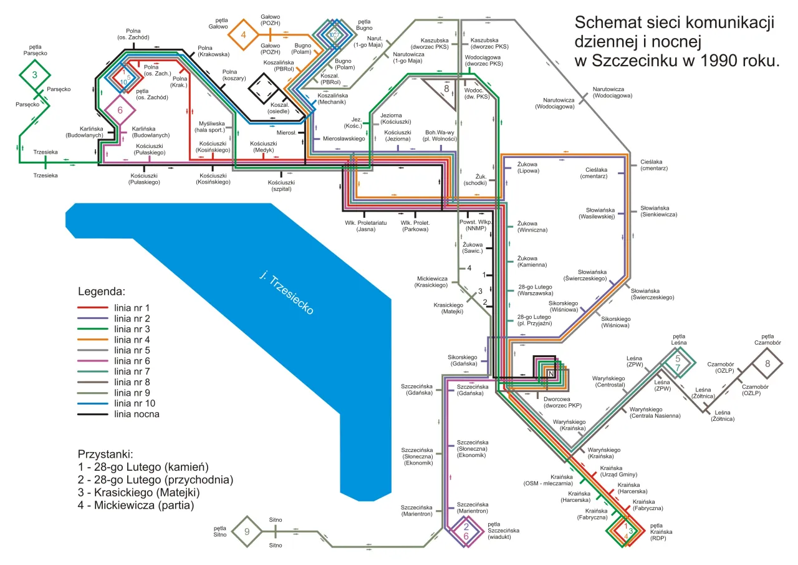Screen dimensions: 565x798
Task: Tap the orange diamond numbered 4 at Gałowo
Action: point(244,34)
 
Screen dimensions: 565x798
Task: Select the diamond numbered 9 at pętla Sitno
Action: point(247,531)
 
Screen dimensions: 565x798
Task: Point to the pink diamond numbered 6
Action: point(120,111)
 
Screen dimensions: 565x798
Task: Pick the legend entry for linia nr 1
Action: point(131,308)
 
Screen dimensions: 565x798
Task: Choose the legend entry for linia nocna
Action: point(136,414)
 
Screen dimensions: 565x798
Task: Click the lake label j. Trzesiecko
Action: point(287,293)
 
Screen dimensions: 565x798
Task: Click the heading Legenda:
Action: point(102,292)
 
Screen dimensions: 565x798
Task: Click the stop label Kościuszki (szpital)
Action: point(281,185)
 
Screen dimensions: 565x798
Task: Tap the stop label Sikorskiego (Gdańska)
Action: point(463,361)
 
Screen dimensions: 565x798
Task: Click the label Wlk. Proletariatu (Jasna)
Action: point(366,226)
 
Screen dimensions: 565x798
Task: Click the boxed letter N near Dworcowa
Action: point(550,373)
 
